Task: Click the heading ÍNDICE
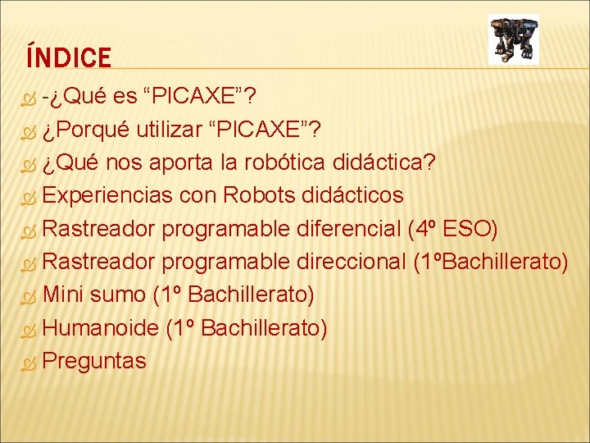68,57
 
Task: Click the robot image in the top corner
513,39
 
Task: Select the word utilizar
177,129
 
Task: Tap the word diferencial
347,228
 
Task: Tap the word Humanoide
100,328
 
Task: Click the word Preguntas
94,361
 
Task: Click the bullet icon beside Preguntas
29,362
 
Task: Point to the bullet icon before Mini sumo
29,295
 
